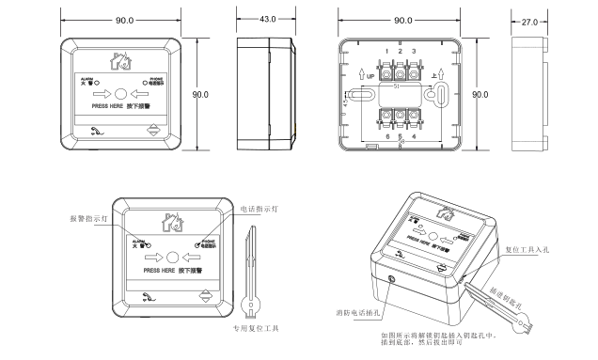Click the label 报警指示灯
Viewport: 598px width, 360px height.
(90, 217)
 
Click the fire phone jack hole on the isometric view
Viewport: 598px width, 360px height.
(392, 278)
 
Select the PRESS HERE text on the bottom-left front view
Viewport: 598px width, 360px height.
(151, 270)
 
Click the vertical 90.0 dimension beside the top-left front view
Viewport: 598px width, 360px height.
(199, 95)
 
